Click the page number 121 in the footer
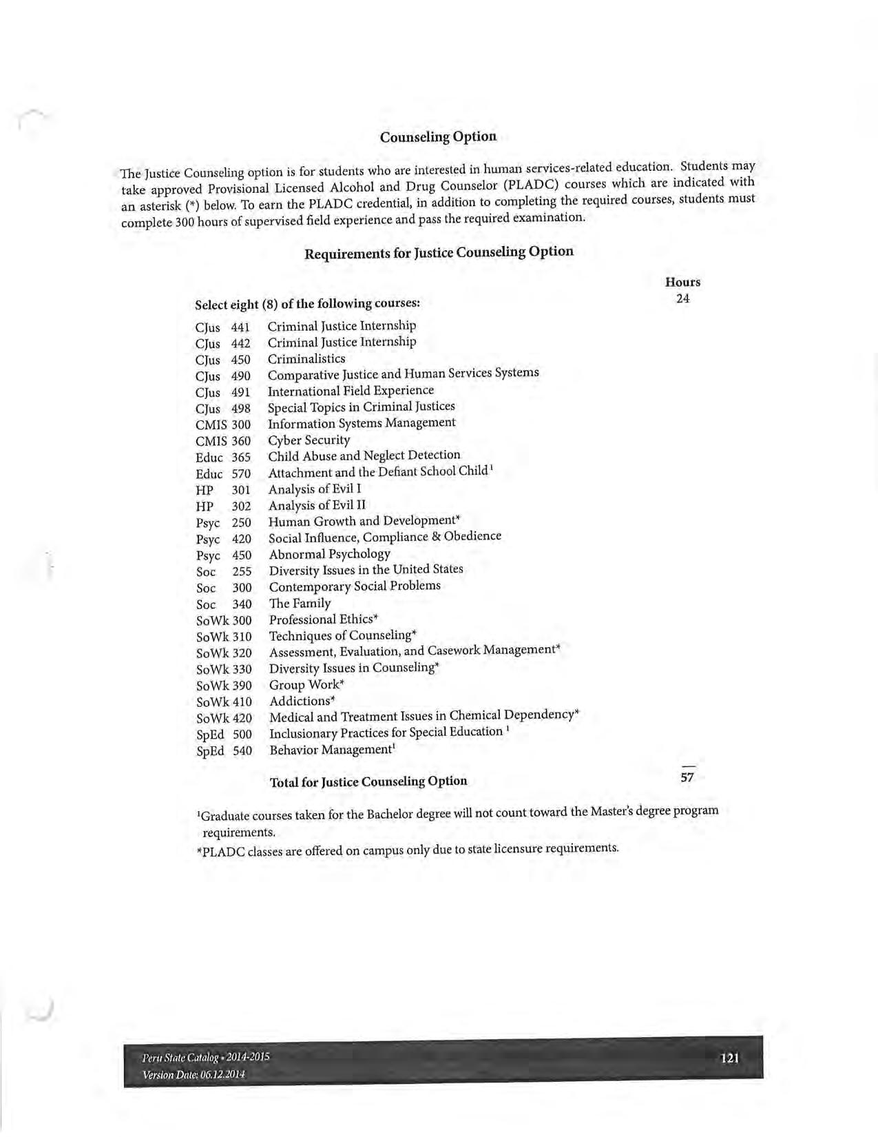click(x=729, y=1058)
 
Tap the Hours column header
click(x=682, y=282)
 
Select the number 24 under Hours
click(x=682, y=298)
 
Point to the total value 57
click(x=687, y=777)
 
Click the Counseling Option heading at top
click(x=438, y=136)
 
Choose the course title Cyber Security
click(x=309, y=440)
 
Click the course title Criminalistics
click(x=306, y=358)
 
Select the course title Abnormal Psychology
click(x=329, y=554)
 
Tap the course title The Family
click(x=300, y=603)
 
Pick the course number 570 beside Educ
click(x=241, y=473)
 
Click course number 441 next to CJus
click(x=240, y=327)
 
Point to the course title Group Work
click(x=305, y=684)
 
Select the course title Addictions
click(x=300, y=701)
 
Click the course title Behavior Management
click(x=331, y=750)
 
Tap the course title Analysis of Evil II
click(x=317, y=505)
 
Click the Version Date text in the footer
click(x=194, y=1074)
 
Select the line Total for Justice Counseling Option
click(x=368, y=781)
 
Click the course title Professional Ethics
click(x=322, y=619)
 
